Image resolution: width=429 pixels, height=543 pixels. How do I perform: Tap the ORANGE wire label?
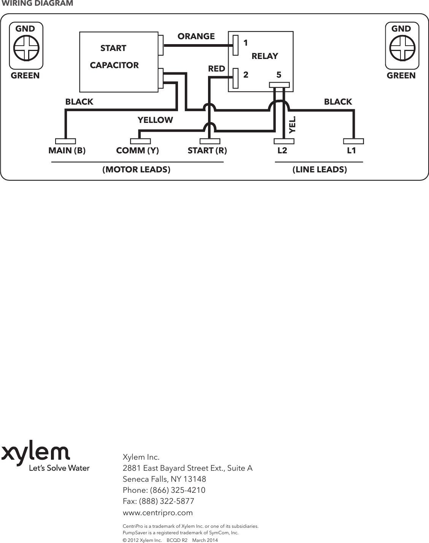point(196,36)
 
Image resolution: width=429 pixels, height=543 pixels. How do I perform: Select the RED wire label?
point(216,69)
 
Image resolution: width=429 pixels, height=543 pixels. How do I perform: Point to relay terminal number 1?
point(246,43)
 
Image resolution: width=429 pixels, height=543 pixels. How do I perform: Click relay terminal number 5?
point(279,75)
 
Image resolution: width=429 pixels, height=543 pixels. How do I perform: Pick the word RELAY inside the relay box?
point(265,56)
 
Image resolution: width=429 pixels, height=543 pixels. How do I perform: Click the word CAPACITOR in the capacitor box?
point(114,65)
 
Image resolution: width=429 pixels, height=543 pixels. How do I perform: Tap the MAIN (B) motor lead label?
point(67,151)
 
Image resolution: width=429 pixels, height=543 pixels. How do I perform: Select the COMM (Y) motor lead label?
point(137,151)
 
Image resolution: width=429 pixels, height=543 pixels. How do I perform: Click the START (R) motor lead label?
point(207,151)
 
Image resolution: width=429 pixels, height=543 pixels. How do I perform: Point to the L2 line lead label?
point(282,151)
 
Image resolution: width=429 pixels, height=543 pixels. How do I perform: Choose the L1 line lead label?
point(351,151)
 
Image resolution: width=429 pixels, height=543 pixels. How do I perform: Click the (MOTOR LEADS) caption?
point(136,170)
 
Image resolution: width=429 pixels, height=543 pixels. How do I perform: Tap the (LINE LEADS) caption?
point(319,170)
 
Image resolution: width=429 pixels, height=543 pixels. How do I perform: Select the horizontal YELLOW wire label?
point(155,120)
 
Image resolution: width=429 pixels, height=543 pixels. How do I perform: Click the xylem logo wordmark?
point(36,454)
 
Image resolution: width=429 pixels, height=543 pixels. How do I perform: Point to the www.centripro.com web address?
point(157,513)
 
